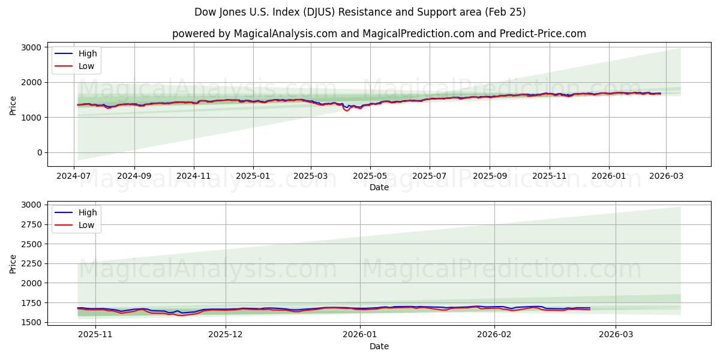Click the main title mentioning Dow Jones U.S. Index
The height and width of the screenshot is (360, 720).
360,12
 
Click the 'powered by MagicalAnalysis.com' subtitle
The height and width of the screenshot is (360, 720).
379,34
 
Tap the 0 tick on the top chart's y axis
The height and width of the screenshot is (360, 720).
38,152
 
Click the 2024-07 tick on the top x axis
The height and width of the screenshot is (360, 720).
74,176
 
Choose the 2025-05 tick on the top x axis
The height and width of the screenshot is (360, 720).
370,176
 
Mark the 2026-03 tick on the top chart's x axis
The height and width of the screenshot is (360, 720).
667,176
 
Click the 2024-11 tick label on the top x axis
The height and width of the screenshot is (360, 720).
194,176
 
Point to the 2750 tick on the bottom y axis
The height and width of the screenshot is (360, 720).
30,224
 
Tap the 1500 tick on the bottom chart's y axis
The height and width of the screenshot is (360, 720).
30,322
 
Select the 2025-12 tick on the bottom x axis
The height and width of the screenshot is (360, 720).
226,335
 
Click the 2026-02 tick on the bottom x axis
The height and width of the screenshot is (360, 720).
495,335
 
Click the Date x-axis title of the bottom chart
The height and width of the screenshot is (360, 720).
379,346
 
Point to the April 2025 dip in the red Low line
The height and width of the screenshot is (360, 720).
346,110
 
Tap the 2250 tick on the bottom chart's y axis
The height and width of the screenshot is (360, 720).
30,263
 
